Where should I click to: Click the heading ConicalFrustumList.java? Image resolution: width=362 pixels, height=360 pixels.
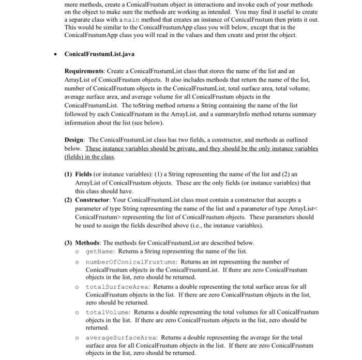pos(97,54)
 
